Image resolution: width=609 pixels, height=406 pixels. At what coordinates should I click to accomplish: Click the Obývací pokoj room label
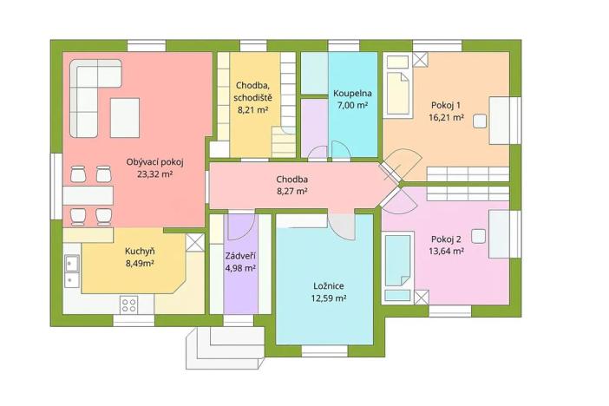point(154,162)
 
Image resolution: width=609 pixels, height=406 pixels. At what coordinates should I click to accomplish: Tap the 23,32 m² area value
point(154,174)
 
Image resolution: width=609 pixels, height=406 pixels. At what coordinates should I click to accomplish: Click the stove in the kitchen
point(129,304)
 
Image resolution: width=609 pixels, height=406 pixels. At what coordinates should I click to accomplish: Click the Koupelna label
point(352,93)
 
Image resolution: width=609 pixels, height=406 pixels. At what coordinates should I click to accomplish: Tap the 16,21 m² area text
point(446,118)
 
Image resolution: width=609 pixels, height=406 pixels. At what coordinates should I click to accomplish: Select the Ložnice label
point(330,285)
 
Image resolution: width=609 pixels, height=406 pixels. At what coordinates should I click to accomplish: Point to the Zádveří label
point(240,256)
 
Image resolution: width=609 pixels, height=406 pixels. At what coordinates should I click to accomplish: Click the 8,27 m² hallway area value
point(291,192)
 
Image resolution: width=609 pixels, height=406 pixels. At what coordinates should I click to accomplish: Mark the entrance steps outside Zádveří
point(221,346)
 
